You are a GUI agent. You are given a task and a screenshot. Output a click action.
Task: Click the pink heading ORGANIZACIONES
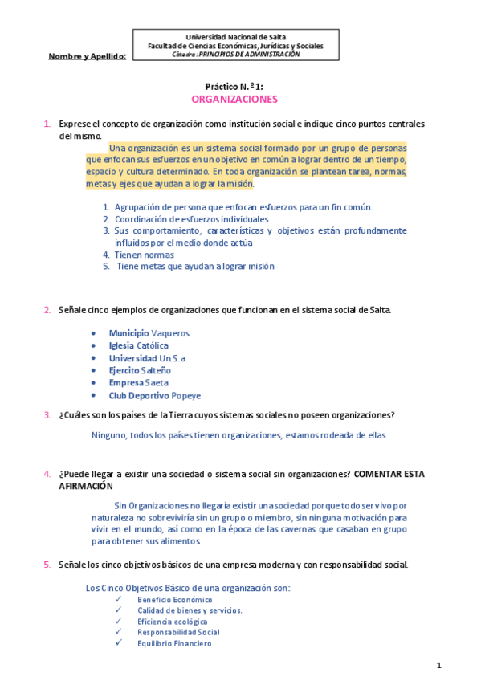click(234, 100)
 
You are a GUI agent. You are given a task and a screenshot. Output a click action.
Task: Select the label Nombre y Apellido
click(88, 56)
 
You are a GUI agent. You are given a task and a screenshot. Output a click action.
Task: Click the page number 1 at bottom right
click(439, 665)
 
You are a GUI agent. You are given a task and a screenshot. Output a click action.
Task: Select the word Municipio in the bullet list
click(128, 332)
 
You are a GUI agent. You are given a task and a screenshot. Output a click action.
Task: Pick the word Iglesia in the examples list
click(122, 345)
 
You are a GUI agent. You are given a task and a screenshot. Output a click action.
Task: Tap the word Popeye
click(186, 396)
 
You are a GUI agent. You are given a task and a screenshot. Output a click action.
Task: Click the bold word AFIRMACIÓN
click(86, 486)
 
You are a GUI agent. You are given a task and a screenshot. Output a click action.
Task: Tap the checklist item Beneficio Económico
click(174, 600)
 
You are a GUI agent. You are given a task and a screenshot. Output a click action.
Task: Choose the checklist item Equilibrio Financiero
click(174, 643)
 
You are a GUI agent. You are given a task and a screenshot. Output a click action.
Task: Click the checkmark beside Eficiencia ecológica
click(118, 622)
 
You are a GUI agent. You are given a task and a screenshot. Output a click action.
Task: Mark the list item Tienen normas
click(145, 255)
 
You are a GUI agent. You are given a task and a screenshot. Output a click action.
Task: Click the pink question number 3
click(47, 415)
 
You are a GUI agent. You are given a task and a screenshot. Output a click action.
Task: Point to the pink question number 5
click(47, 565)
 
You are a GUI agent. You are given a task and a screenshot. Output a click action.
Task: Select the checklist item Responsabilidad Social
click(177, 632)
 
